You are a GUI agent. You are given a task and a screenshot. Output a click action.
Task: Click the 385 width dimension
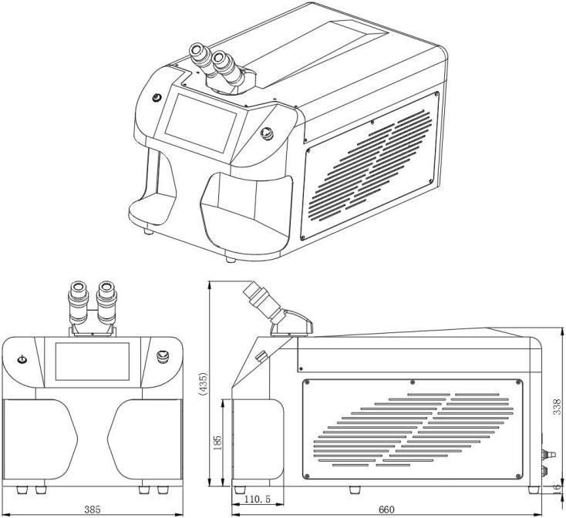pos(92,510)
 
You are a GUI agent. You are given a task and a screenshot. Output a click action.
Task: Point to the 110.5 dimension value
pos(256,499)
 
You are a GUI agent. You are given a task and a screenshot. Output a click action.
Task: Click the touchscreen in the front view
pos(93,363)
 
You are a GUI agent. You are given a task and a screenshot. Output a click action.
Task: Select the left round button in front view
pos(22,358)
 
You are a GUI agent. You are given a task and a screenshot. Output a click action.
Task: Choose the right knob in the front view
pos(163,356)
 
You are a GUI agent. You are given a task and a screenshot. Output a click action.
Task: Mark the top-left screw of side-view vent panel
pos(308,382)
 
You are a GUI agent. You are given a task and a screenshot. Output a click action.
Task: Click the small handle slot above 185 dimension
pos(261,357)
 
